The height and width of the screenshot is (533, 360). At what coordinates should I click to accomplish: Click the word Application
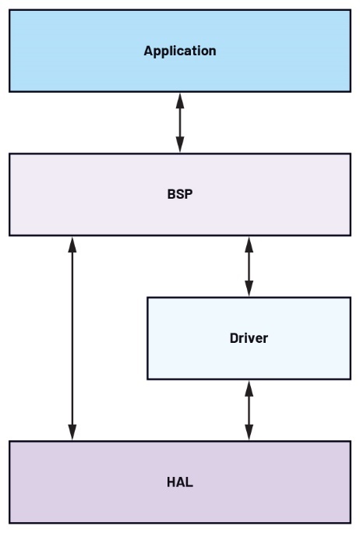point(179,51)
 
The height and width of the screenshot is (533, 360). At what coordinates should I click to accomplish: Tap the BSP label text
point(179,194)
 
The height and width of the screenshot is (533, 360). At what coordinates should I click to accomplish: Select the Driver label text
point(249,338)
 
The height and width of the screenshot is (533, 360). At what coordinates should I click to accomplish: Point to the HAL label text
point(179,482)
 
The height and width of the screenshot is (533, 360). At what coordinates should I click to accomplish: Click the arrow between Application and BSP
point(180,122)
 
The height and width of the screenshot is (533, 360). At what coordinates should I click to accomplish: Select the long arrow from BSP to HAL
point(72,338)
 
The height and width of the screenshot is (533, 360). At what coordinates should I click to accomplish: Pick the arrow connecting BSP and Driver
point(249,266)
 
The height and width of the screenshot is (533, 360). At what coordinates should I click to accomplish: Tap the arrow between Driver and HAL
point(249,410)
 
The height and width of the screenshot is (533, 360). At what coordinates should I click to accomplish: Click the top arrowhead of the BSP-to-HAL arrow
point(72,244)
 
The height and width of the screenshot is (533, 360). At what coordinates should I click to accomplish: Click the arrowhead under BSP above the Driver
point(249,244)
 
